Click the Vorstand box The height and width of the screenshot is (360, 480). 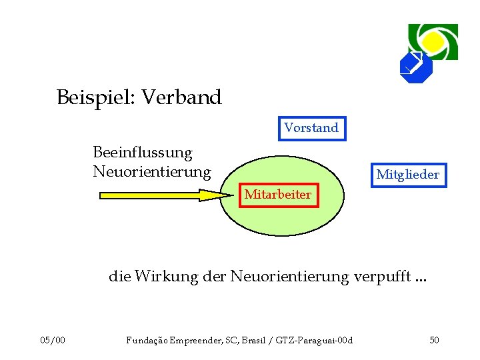tap(311, 127)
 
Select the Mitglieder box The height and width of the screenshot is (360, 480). tap(407, 175)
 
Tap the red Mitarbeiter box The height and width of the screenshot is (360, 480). tap(277, 195)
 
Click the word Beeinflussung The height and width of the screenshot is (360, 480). tap(142, 153)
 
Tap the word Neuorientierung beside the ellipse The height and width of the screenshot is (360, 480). tap(151, 172)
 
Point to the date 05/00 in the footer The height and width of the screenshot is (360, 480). tap(53, 341)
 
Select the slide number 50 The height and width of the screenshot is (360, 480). tap(434, 341)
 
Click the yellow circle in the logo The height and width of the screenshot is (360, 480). tap(433, 41)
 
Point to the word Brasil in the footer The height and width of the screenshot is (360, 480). tap(259, 341)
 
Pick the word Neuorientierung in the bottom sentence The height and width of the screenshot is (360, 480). tap(289, 276)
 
